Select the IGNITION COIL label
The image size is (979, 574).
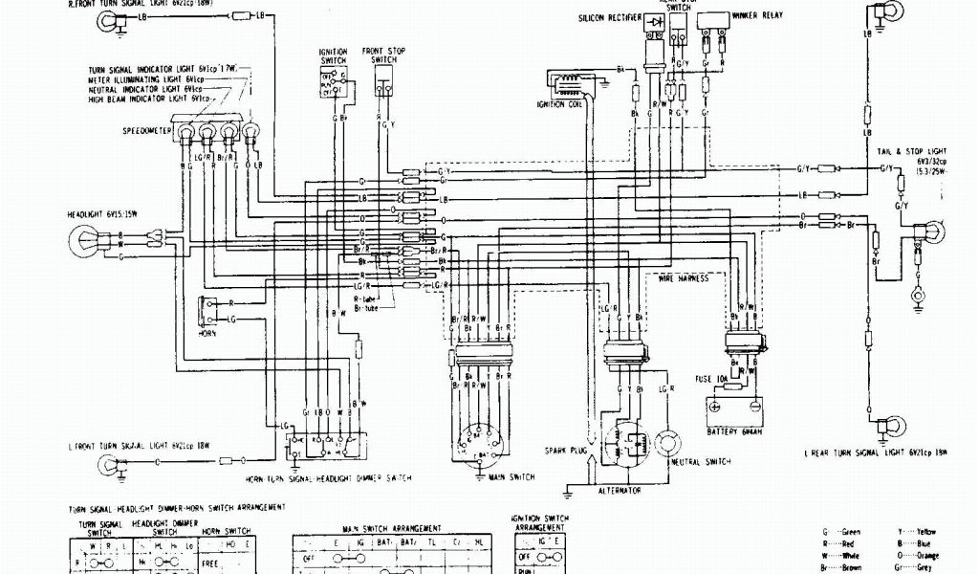[558, 104]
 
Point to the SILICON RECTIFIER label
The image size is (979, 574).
[613, 18]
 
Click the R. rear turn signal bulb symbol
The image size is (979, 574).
[875, 13]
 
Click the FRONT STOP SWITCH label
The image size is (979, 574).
[381, 55]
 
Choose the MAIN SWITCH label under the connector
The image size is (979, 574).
[511, 475]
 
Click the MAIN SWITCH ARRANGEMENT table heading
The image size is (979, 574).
[392, 528]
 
